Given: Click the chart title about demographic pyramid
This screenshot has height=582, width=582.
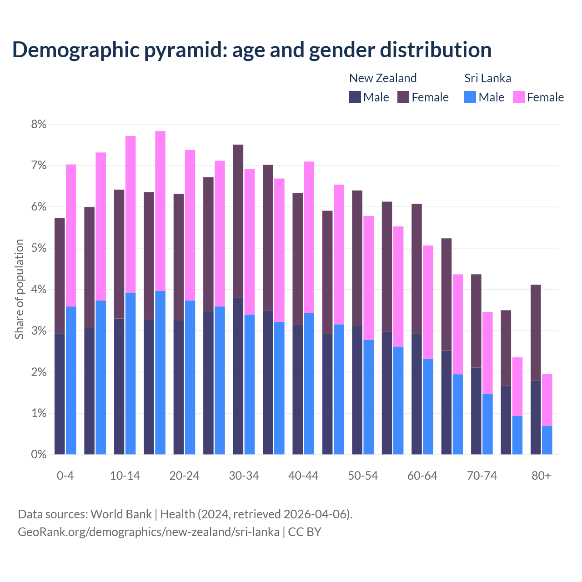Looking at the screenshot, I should [252, 50].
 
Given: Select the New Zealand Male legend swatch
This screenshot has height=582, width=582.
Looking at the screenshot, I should [355, 97].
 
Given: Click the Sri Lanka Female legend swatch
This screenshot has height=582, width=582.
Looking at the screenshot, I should [518, 97].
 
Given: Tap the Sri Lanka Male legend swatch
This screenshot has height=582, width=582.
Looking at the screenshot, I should [470, 97].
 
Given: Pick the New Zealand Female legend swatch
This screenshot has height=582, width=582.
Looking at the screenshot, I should [403, 97].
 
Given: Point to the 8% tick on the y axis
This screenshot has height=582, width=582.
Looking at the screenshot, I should [39, 124].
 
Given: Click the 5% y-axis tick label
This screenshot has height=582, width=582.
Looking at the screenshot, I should [39, 248].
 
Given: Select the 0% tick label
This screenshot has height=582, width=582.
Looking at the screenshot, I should [39, 454].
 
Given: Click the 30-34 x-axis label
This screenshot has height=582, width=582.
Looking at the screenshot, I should [244, 476].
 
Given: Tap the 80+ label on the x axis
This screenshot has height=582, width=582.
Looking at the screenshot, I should [541, 476].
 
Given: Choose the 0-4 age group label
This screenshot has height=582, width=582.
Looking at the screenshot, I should [65, 476].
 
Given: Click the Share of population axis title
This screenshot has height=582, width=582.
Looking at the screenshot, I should [19, 289].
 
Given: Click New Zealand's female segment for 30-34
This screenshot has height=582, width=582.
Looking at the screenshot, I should [238, 221].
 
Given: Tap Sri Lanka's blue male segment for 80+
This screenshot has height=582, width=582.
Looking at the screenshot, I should [547, 440].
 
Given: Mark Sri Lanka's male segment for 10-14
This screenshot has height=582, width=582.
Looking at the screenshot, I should [130, 373].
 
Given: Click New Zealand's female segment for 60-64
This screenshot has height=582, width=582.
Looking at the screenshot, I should [416, 269].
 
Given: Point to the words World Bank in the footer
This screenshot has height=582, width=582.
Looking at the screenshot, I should [121, 514].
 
